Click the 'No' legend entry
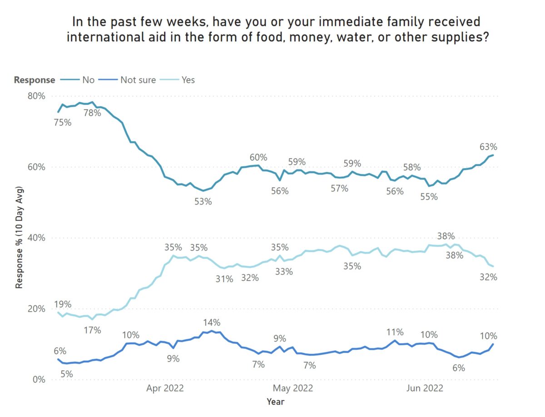tap(88, 80)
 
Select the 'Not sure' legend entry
tap(138, 80)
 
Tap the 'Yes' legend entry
tap(188, 80)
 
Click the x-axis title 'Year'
tap(275, 402)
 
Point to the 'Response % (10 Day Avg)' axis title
tap(20, 238)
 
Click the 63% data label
tap(488, 147)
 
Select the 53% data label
tap(203, 201)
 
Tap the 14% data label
tap(211, 323)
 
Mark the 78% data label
tap(92, 113)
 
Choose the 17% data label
tap(92, 330)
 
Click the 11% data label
tap(395, 332)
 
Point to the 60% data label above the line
tap(258, 158)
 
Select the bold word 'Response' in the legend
tap(35, 80)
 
